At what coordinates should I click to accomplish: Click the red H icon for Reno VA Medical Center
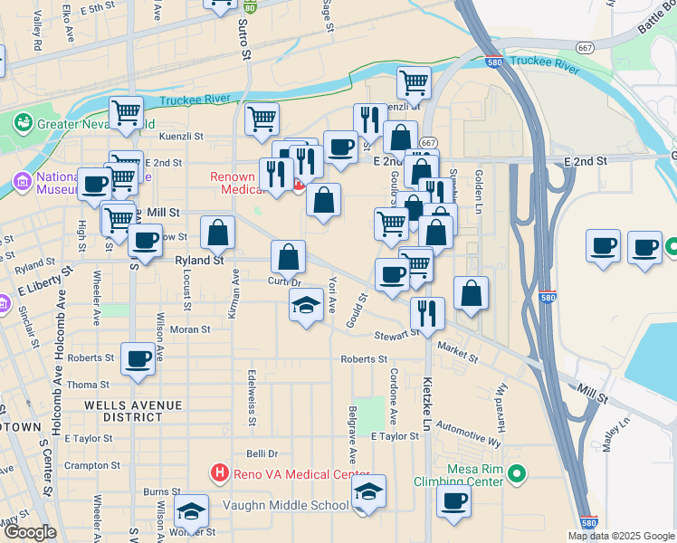click(x=218, y=472)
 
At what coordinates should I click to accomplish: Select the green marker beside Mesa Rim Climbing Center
click(x=517, y=472)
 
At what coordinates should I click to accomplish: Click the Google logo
click(x=29, y=532)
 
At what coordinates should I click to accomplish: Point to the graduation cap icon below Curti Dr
click(x=307, y=306)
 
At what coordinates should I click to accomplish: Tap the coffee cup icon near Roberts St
click(x=138, y=357)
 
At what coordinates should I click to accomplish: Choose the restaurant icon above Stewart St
click(x=426, y=312)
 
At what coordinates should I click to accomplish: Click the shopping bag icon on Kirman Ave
click(x=218, y=233)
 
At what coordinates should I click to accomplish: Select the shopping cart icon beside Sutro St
click(x=262, y=118)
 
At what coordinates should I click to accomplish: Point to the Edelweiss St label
click(x=251, y=396)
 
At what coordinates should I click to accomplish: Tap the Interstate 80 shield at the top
click(x=250, y=5)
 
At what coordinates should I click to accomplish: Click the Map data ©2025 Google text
click(x=620, y=536)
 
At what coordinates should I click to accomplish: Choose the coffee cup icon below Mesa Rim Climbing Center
click(x=454, y=500)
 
